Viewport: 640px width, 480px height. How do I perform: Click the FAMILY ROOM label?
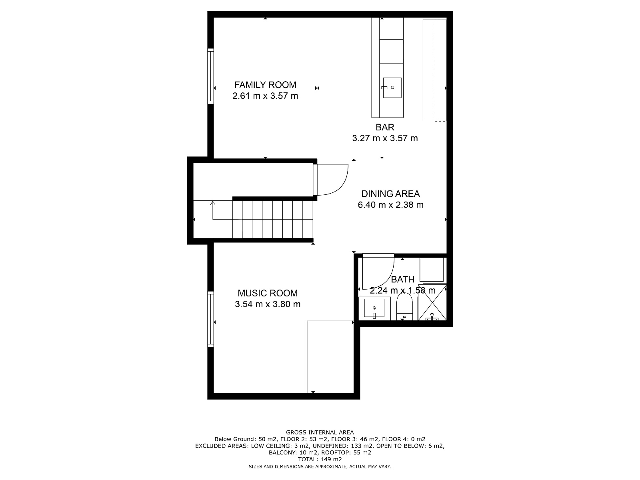265,85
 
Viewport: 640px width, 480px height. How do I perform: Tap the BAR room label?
385,127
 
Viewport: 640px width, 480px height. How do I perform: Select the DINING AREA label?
390,194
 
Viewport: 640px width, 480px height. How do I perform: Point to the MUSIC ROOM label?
268,293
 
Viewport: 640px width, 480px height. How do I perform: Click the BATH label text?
402,280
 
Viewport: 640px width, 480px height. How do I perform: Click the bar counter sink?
392,88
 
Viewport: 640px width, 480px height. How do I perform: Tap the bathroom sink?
374,308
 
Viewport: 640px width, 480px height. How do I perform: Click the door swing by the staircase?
332,180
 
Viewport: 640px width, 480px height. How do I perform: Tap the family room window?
210,76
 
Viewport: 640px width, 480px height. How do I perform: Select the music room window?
210,319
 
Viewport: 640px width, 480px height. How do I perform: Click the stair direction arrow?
213,204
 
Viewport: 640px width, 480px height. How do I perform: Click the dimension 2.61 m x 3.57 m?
265,96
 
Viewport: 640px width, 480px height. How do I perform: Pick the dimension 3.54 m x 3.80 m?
268,304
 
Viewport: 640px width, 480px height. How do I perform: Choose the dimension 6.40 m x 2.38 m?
390,205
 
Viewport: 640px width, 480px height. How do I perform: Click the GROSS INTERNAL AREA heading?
320,432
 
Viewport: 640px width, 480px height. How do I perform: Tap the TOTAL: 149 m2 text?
320,459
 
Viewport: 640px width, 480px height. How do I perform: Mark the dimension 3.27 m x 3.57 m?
385,138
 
